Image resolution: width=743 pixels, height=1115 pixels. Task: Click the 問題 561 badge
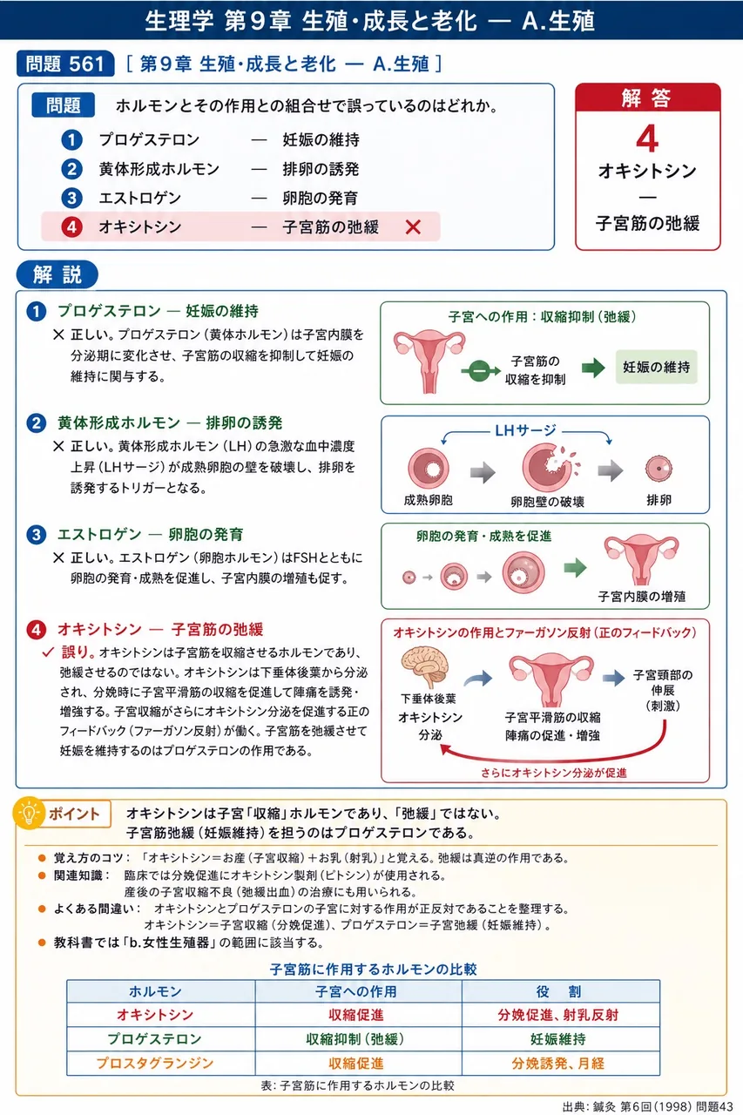click(x=65, y=64)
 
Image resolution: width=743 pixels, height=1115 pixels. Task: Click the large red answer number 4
click(x=647, y=139)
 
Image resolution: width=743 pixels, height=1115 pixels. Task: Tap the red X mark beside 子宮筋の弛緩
click(x=413, y=227)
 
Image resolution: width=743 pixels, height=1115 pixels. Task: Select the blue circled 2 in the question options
click(x=71, y=169)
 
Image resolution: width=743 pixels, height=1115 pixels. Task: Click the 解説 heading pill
click(x=57, y=274)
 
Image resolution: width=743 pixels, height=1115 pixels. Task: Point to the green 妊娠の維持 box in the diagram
click(x=657, y=367)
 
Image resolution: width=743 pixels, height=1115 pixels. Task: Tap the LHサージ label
click(x=525, y=430)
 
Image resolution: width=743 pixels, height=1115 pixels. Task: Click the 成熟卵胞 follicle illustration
click(x=428, y=468)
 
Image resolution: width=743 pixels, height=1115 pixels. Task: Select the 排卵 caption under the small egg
click(x=659, y=500)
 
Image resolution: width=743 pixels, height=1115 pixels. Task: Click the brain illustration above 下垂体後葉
click(x=425, y=667)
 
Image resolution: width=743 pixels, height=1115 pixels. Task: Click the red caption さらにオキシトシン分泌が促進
click(x=553, y=773)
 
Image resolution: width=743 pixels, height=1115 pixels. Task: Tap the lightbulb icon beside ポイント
click(x=29, y=814)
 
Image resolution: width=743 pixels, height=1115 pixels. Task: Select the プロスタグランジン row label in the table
click(x=155, y=1064)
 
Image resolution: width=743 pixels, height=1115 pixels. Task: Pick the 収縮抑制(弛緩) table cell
click(x=355, y=1039)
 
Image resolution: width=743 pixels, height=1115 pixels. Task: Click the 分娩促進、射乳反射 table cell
click(x=557, y=1015)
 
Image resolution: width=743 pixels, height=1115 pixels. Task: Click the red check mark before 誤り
click(x=48, y=652)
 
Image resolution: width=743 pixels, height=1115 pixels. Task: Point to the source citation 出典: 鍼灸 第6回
click(x=647, y=1106)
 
